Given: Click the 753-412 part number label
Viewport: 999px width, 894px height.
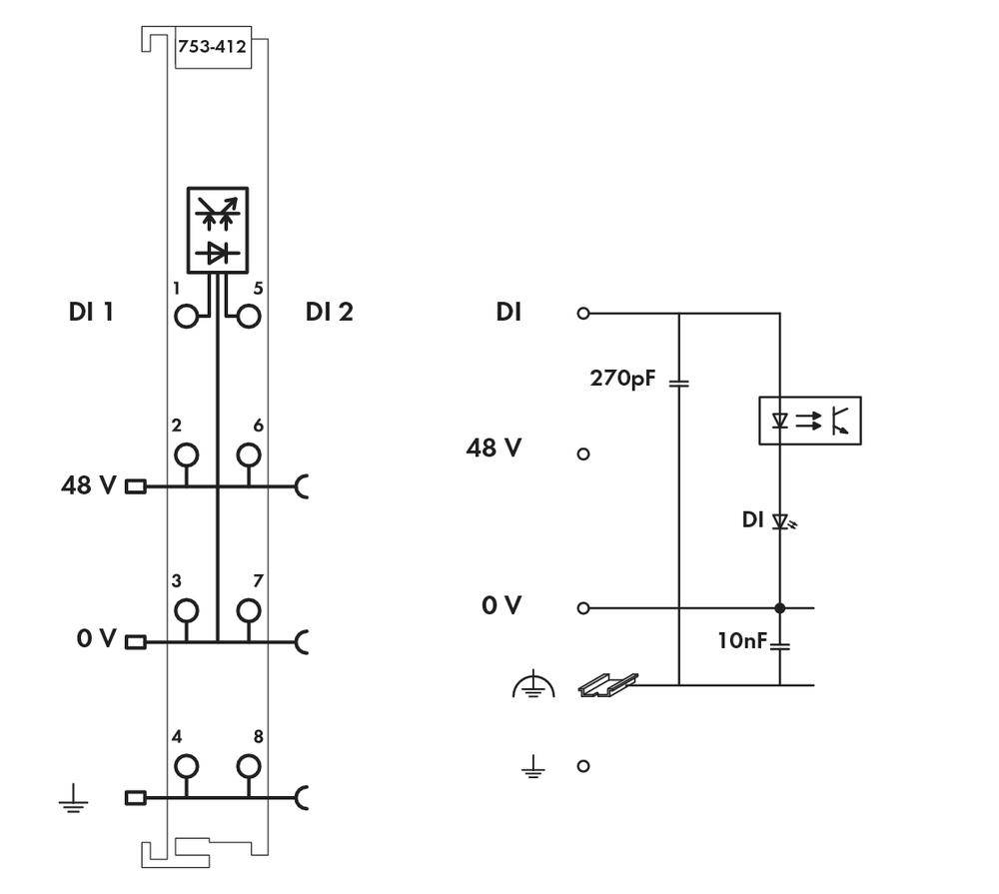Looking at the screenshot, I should point(212,47).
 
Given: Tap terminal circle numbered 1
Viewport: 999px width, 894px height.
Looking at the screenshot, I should point(186,317).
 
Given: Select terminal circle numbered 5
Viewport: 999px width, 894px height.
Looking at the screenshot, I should point(248,317).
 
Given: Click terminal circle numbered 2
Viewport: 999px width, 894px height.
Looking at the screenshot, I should point(186,455).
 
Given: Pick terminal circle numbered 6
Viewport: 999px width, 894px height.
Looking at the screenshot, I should point(248,455).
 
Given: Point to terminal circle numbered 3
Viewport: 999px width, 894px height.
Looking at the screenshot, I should point(186,610).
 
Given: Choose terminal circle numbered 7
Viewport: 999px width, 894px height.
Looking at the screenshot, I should point(248,610).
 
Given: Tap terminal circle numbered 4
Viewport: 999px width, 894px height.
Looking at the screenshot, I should point(186,767).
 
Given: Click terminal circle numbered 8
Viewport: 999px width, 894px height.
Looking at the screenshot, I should point(248,767).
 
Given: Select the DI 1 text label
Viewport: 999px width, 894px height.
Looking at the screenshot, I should point(91,313).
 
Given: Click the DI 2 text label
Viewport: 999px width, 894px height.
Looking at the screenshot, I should point(330,313).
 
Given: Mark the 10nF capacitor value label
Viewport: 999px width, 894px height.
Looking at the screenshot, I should point(741,640).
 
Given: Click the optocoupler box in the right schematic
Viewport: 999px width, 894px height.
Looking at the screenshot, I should point(809,421).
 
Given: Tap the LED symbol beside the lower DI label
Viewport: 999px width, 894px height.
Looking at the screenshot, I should point(782,521).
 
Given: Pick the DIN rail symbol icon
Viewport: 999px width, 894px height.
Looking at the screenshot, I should point(607,684).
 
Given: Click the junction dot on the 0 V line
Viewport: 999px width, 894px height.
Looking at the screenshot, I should point(780,607).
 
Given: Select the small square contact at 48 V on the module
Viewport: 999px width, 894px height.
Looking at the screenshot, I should point(135,487).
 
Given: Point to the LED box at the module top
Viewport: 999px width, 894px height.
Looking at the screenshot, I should point(217,231).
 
